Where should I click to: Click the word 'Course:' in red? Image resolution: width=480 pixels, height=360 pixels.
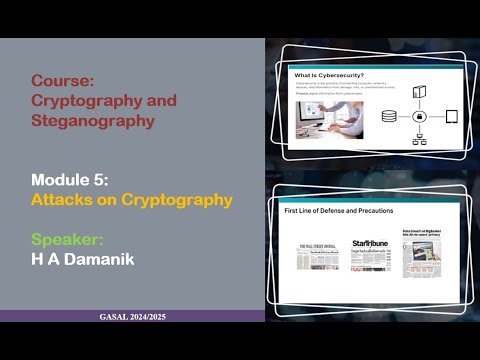(x=63, y=80)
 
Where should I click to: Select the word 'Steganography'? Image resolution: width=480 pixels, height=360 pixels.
(x=93, y=121)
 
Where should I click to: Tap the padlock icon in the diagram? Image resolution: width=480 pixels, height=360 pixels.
(x=416, y=117)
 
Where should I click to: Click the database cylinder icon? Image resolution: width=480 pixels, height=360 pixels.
(x=389, y=117)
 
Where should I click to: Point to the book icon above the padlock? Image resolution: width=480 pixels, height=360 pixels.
(x=417, y=93)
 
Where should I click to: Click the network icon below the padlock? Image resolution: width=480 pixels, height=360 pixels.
(x=416, y=139)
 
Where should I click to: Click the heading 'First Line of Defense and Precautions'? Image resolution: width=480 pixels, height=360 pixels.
(x=340, y=212)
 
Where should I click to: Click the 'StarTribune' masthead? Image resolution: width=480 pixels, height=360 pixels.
(x=369, y=244)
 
